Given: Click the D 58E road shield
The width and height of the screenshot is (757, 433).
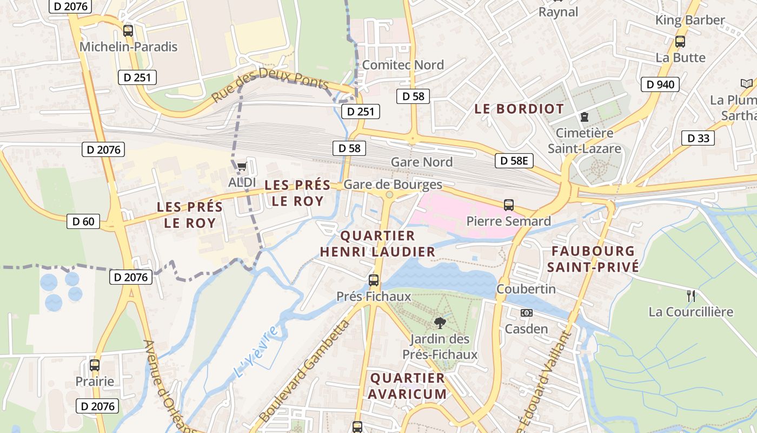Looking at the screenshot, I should [x=514, y=160].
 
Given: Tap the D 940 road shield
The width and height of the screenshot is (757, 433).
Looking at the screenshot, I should [x=660, y=84].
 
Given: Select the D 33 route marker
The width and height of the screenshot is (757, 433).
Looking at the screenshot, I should [x=698, y=138].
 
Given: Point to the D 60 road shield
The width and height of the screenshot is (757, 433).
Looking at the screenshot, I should [x=83, y=221].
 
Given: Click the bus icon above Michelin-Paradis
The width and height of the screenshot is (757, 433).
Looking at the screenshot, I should [x=128, y=31].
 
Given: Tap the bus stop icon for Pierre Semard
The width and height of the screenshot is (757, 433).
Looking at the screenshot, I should [x=509, y=205].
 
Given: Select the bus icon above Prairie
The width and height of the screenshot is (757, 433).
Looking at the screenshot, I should [x=95, y=365].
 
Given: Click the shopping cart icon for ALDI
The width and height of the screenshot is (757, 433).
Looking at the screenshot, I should [x=242, y=167].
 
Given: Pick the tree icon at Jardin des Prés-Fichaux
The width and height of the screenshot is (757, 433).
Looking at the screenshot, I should [x=440, y=323].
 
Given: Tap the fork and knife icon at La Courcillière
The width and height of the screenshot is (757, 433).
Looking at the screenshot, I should [x=690, y=296].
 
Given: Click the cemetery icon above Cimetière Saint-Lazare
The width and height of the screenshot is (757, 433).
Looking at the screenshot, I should [x=585, y=116].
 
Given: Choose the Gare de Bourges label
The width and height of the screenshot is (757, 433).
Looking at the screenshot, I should [x=393, y=185].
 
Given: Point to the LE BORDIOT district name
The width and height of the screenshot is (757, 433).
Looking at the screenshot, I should [x=519, y=109].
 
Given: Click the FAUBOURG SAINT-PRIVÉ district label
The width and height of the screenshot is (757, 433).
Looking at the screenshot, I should [x=593, y=259].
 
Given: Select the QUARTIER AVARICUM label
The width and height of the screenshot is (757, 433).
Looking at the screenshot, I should [x=408, y=385].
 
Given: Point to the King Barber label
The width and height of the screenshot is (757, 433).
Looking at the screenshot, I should [x=690, y=20].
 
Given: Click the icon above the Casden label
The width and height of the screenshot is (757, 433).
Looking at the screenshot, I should [x=526, y=313].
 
